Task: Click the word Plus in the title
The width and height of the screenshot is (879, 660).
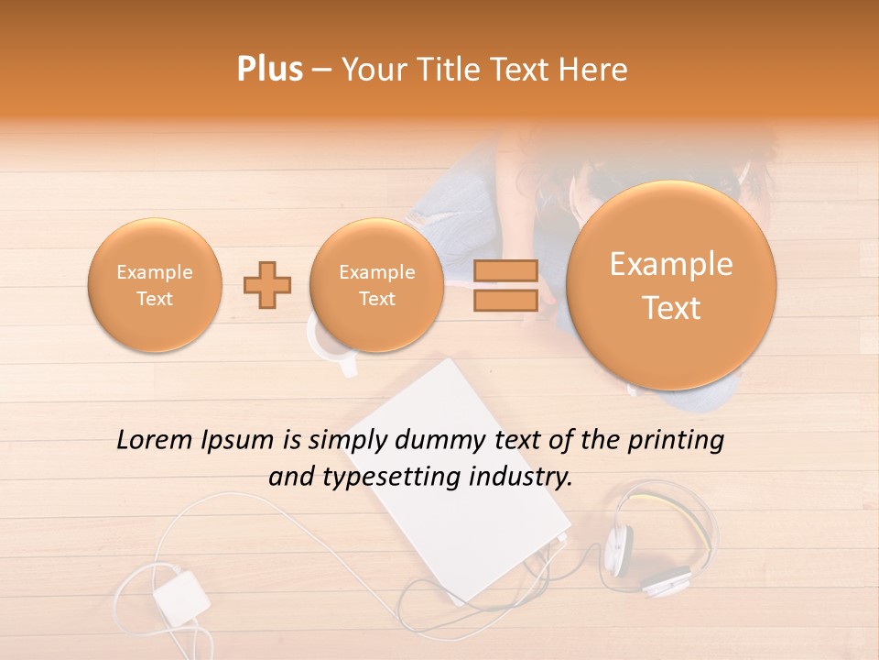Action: click(x=270, y=70)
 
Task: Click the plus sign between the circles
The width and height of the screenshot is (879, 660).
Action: click(x=267, y=285)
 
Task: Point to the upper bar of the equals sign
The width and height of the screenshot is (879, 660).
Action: click(x=505, y=270)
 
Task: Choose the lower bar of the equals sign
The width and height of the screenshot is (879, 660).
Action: click(x=505, y=300)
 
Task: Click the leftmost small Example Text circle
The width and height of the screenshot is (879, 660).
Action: click(x=154, y=285)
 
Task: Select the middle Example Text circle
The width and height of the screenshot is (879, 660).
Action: click(x=376, y=285)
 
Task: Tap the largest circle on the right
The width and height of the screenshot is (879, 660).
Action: click(x=671, y=285)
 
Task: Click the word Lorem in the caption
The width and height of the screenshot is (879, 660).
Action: click(x=156, y=440)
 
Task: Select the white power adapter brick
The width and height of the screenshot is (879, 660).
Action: click(x=181, y=596)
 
